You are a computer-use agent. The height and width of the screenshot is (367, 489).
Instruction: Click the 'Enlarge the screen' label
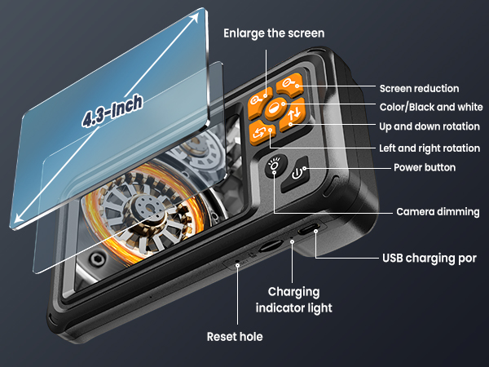point(274,33)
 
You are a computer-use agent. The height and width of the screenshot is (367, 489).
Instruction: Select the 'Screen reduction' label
point(430,88)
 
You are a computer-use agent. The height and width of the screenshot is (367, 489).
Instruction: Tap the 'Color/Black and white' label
point(430,108)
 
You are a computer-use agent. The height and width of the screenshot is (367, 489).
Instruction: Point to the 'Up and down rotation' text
point(430,127)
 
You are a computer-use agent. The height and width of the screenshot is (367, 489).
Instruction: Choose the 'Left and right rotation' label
point(430,148)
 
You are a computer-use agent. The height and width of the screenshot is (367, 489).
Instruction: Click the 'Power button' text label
point(425,168)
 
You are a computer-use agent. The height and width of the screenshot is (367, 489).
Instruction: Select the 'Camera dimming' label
point(438,212)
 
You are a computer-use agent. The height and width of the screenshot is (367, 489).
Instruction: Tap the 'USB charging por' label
point(430,259)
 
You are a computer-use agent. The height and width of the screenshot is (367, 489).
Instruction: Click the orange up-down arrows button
point(295,116)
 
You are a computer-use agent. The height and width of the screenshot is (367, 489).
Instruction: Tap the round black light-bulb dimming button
point(275,166)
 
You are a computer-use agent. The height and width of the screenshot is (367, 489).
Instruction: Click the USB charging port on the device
point(309,231)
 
